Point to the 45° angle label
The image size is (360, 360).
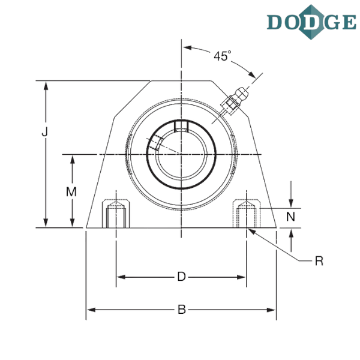tap(222, 56)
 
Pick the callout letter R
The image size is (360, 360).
tap(319, 260)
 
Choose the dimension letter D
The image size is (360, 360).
tap(182, 277)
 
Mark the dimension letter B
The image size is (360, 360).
tap(182, 310)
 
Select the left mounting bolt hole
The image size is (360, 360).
tap(115, 214)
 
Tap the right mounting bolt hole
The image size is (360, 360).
tap(246, 214)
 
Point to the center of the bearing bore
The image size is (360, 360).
tap(181, 155)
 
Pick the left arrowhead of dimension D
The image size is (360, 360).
tap(119, 277)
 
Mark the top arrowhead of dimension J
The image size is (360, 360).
tap(46, 84)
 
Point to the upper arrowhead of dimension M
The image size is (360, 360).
tap(72, 159)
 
